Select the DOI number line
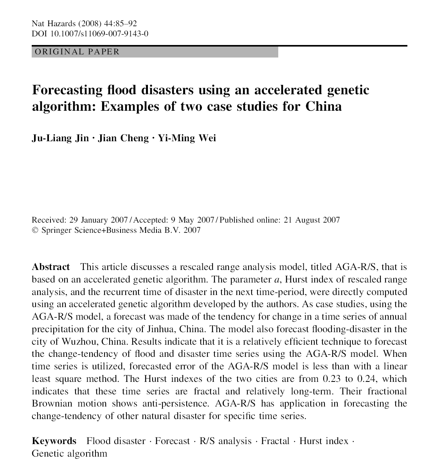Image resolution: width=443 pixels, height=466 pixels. (90, 34)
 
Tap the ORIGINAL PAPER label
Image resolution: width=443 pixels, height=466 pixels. (77, 52)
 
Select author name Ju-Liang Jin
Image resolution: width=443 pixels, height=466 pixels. (60, 138)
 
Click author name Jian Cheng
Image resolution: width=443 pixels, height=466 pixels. (123, 138)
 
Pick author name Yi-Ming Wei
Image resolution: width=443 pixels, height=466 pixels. (186, 138)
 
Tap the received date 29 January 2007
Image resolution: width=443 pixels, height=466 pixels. (98, 220)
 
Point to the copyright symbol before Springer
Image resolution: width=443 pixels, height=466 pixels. (34, 230)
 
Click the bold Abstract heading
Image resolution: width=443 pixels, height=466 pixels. (50, 267)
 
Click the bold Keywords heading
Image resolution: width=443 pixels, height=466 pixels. (54, 441)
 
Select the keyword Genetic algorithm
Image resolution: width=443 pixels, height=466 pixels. (69, 454)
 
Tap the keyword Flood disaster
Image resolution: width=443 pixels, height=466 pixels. (116, 441)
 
